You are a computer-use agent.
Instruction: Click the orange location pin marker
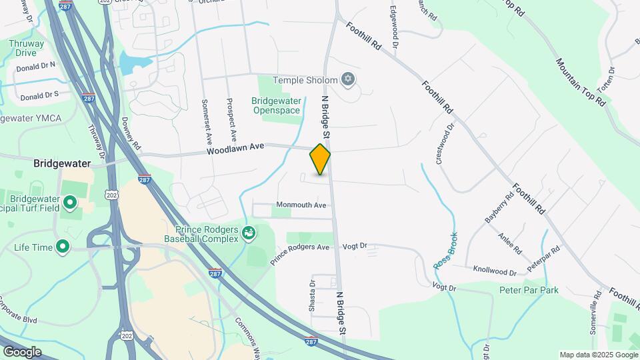pos(320,159)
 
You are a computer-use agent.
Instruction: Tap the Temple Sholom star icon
pos(347,81)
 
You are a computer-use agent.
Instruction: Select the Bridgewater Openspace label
pos(275,105)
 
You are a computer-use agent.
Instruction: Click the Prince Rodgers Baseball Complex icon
pos(249,233)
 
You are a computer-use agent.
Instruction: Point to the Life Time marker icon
pos(63,247)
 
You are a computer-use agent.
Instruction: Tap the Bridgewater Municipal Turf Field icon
pos(70,201)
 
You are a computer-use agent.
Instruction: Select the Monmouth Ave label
pos(301,205)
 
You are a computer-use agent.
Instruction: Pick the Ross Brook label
pos(446,251)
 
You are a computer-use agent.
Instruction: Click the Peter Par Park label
pos(529,290)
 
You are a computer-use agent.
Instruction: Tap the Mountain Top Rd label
pos(580,83)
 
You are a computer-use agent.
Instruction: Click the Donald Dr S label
pos(39,96)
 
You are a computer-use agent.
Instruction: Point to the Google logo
pos(22,351)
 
